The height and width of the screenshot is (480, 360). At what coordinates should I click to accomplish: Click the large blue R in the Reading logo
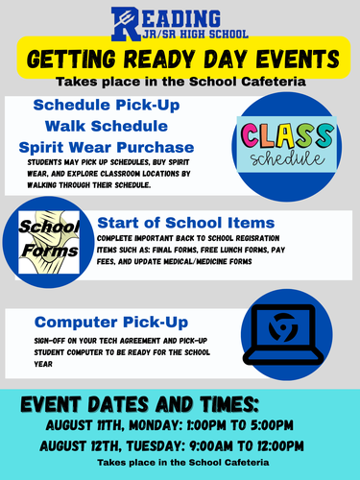[125, 24]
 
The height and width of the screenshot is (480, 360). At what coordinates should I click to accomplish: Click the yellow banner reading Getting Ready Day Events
[183, 58]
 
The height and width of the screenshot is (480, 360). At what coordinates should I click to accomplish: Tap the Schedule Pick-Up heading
[107, 106]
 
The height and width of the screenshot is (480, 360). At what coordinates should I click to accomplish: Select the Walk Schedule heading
[107, 126]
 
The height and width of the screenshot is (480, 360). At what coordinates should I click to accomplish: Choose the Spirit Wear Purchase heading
[107, 148]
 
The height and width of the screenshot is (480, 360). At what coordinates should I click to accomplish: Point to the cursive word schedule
[287, 158]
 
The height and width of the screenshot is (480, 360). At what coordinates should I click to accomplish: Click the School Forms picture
[49, 242]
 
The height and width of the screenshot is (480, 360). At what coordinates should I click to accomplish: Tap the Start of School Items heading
[186, 223]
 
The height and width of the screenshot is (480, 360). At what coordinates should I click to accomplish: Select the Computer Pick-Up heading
[111, 323]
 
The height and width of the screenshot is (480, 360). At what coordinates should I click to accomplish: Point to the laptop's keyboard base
[283, 357]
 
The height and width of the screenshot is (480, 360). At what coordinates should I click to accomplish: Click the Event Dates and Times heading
[139, 404]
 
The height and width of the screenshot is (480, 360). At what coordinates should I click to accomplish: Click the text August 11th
[84, 425]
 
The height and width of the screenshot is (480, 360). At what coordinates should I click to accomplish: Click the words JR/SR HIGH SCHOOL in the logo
[195, 35]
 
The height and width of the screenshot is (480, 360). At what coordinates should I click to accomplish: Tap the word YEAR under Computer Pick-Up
[43, 364]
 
